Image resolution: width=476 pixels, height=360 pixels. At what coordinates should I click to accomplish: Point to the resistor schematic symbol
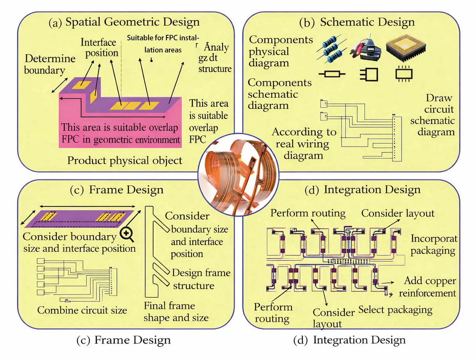click(331, 74)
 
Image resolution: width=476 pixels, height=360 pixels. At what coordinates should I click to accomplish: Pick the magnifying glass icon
click(128, 234)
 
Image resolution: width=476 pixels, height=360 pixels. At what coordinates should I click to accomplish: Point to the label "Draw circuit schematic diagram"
click(433, 115)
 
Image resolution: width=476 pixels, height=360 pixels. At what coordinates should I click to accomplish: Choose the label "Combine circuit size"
click(82, 310)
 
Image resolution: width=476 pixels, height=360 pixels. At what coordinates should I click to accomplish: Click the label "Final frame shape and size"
click(176, 311)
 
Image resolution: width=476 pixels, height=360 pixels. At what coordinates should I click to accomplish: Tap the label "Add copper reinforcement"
click(429, 287)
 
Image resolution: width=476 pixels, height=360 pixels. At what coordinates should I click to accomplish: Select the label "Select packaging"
click(395, 310)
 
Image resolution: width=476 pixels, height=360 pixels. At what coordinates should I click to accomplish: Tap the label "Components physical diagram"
click(281, 51)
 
